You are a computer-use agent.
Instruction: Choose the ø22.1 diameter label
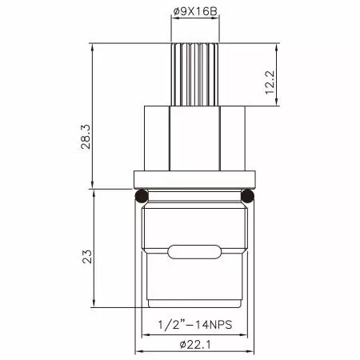194,343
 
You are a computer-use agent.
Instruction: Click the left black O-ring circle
141,195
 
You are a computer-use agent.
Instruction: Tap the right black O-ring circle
247,195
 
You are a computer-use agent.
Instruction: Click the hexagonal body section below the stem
194,138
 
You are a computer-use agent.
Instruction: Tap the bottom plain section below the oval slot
194,288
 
